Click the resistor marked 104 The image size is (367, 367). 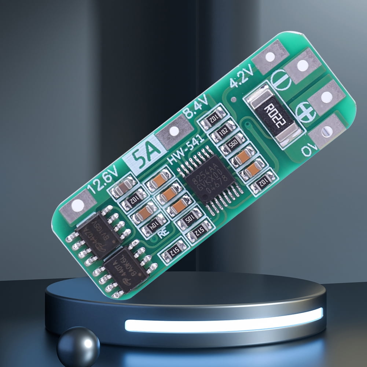[x=154, y=228]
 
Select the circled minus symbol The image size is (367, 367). [x=280, y=80]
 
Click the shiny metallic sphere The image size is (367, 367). [x=78, y=346]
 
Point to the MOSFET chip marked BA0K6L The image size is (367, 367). [x=126, y=269]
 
